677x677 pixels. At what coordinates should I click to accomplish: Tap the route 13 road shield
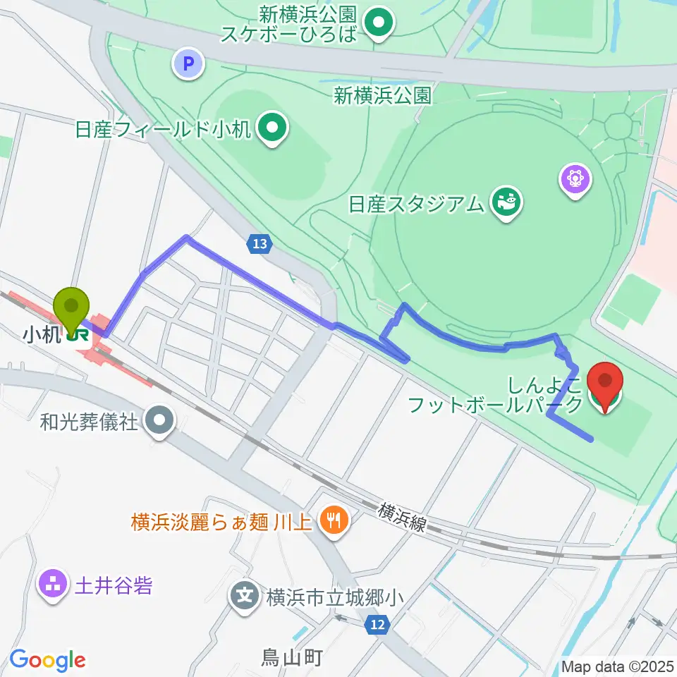tap(259, 244)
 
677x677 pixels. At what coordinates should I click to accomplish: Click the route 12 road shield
tap(377, 623)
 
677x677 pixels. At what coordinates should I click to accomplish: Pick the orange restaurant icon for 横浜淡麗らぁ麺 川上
tap(330, 521)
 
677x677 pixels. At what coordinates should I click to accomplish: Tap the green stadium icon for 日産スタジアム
tap(506, 202)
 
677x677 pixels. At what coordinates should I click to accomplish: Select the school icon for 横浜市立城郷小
tap(245, 597)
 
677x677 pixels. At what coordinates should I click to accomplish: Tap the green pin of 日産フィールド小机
tap(271, 128)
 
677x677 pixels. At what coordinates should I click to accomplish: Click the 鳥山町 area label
tap(292, 658)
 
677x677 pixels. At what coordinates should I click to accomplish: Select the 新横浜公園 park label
tap(382, 95)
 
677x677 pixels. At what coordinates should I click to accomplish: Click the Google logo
tap(47, 660)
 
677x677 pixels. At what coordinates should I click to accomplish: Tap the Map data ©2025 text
tap(617, 666)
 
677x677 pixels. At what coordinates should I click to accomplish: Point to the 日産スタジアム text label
tap(417, 204)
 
